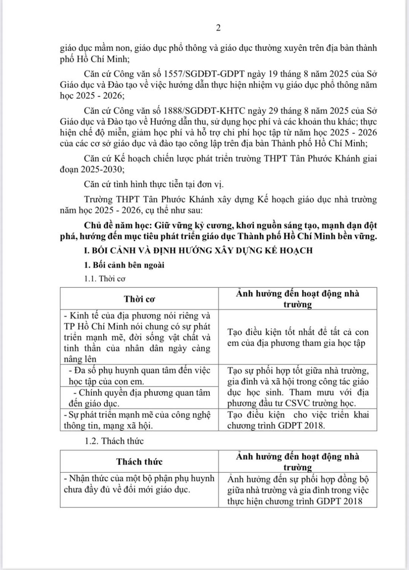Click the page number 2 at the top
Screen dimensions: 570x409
tap(218, 27)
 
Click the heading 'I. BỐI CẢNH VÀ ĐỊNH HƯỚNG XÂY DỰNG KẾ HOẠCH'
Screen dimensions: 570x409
tap(198, 250)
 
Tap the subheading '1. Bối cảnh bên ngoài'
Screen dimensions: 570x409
tap(124, 265)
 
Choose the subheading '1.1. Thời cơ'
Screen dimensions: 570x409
tap(105, 279)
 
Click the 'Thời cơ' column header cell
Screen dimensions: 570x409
tap(139, 299)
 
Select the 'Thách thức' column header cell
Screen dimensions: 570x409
tap(139, 461)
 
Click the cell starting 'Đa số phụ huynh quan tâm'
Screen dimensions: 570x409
tap(139, 375)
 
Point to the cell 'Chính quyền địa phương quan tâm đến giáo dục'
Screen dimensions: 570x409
tap(139, 397)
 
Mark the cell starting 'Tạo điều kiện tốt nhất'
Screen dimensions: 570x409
tap(298, 337)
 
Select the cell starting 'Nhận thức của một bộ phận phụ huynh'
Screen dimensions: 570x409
tap(139, 484)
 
